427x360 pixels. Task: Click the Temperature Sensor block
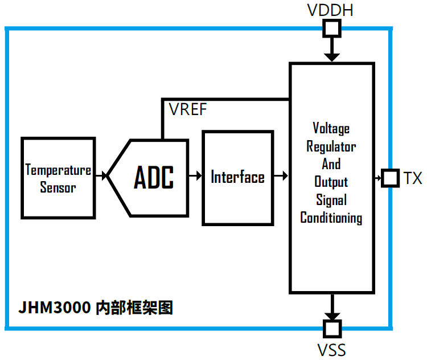click(58, 178)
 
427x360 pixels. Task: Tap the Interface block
click(237, 177)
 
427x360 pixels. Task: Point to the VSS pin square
click(331, 328)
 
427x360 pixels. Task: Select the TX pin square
click(390, 178)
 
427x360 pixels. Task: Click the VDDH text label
click(331, 10)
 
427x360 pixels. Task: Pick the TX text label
click(413, 178)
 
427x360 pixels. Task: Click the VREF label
click(188, 109)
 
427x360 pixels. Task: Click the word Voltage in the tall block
click(331, 128)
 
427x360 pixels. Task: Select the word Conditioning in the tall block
click(331, 218)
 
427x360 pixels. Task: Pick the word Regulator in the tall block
click(331, 146)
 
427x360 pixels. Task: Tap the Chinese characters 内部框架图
click(134, 308)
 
